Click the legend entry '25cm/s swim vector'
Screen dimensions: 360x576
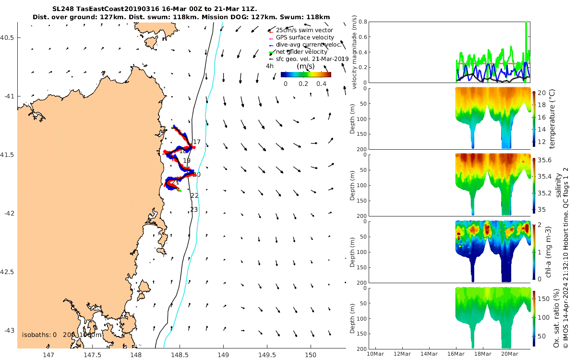tap(304, 30)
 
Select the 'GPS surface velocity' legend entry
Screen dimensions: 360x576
tap(305, 37)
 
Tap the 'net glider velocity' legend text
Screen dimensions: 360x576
tap(301, 52)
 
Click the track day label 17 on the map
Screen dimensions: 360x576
tap(196, 142)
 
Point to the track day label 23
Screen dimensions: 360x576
tap(194, 210)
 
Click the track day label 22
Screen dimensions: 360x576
tap(194, 196)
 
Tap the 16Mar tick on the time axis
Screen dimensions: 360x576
tap(456, 354)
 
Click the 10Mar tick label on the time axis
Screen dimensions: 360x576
tap(375, 354)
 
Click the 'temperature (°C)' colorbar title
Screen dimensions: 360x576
tap(552, 118)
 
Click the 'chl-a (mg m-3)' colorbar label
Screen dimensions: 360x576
tap(552, 250)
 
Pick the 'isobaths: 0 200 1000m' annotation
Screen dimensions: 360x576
tap(62, 335)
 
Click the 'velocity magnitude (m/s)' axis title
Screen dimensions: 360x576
tap(355, 52)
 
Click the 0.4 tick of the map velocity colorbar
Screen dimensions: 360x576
tap(322, 84)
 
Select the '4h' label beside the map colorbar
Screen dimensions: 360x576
tap(270, 66)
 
